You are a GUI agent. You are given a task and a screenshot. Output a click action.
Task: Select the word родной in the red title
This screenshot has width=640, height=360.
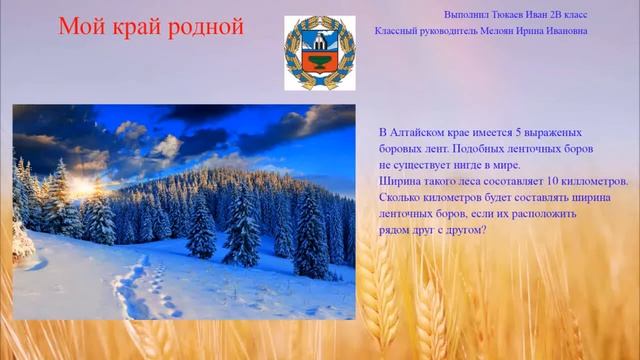pos(207,27)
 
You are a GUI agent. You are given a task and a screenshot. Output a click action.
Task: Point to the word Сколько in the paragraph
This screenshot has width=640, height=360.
pos(401,197)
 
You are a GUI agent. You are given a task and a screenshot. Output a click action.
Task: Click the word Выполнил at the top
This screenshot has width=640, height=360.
pos(465,15)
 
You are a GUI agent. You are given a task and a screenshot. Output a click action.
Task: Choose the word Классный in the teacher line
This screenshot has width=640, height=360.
pos(396,31)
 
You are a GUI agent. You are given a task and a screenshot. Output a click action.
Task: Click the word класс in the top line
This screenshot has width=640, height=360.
pos(574,15)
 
